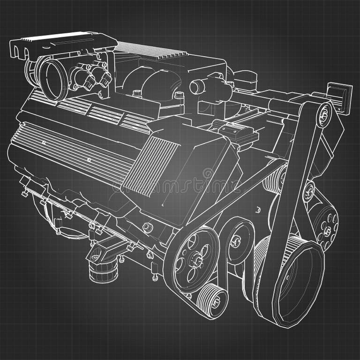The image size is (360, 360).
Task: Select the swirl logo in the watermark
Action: click(208, 174)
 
